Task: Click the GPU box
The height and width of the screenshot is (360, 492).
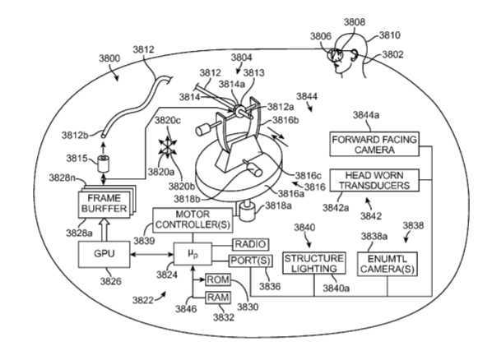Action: [x=104, y=254]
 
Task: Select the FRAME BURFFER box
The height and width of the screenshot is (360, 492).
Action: [x=104, y=204]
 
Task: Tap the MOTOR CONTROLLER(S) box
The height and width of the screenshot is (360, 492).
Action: [x=193, y=220]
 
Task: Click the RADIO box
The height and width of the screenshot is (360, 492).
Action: [x=250, y=244]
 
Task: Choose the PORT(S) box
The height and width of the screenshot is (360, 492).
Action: [x=250, y=261]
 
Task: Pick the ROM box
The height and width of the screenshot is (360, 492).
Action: [x=218, y=279]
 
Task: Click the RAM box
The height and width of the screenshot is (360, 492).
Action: [x=218, y=298]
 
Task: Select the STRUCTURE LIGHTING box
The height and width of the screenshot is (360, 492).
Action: [x=314, y=263]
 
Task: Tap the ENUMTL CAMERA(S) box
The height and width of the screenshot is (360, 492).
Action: [x=388, y=264]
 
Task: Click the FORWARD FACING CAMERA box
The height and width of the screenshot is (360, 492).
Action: [x=374, y=144]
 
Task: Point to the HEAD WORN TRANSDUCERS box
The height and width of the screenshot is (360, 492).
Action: [x=374, y=180]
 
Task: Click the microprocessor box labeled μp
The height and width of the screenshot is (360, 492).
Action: [x=193, y=254]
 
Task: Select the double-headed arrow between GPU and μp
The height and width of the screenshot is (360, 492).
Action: [x=152, y=254]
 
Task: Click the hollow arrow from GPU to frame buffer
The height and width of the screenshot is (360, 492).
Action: [x=104, y=229]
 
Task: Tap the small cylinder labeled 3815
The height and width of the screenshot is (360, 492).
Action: [x=103, y=164]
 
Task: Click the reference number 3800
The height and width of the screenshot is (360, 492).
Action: [x=109, y=58]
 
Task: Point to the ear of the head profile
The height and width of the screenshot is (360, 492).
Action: [x=354, y=55]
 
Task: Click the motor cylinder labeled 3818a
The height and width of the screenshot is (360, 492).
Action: [x=248, y=211]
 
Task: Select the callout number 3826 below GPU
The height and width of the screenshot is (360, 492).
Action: [x=110, y=281]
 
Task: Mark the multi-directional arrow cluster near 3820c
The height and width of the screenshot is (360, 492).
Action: [x=168, y=146]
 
